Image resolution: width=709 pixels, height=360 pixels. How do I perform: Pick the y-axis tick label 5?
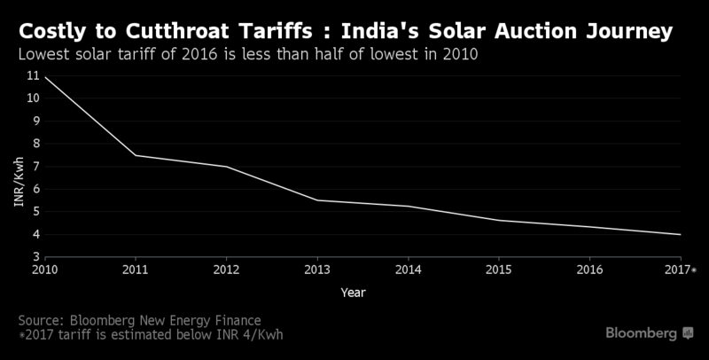tap(35, 212)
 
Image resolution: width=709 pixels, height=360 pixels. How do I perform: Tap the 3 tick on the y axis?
tap(35, 257)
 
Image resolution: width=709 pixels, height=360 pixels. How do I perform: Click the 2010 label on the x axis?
tap(44, 269)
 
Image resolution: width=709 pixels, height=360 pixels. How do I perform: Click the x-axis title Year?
tap(352, 292)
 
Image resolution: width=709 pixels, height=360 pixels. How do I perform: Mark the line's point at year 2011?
tap(136, 155)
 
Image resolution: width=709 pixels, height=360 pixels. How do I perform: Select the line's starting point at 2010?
tap(44, 77)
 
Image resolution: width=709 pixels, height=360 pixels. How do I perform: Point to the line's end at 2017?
tap(680, 234)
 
